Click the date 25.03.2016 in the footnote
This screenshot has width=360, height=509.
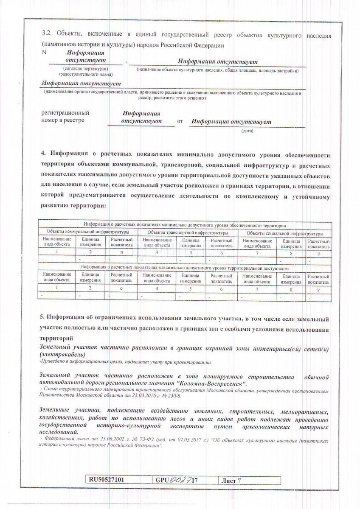tap(138, 395)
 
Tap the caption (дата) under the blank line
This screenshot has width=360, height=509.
tap(247, 131)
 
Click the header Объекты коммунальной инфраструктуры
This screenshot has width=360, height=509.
tap(88, 233)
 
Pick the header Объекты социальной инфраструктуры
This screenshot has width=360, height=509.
tap(285, 233)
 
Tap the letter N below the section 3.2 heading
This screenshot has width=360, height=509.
tap(45, 52)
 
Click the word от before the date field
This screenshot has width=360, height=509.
tap(180, 122)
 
